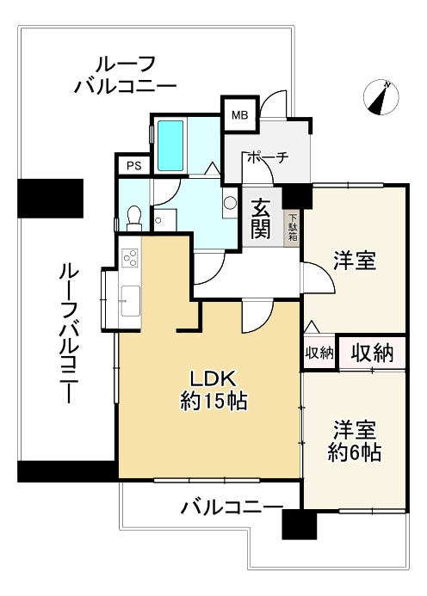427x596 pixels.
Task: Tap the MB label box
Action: pyautogui.click(x=238, y=114)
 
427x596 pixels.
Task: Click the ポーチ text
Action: pyautogui.click(x=266, y=157)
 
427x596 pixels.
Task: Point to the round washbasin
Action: pyautogui.click(x=229, y=204)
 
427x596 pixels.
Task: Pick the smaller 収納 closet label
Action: pyautogui.click(x=319, y=353)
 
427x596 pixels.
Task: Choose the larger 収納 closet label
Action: pyautogui.click(x=371, y=352)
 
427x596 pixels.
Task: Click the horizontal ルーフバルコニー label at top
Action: pyautogui.click(x=126, y=74)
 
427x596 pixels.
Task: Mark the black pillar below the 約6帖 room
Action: pyautogui.click(x=299, y=525)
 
